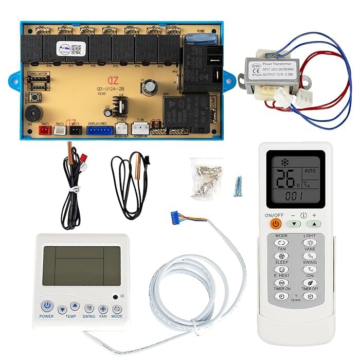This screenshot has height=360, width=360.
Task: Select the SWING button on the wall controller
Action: coord(89,309)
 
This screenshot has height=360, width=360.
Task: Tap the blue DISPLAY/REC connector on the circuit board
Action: coord(100,131)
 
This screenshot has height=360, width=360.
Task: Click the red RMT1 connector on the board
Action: coord(45,131)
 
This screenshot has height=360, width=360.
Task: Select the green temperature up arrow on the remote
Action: coord(313,224)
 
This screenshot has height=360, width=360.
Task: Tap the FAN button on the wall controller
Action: coord(103,309)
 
